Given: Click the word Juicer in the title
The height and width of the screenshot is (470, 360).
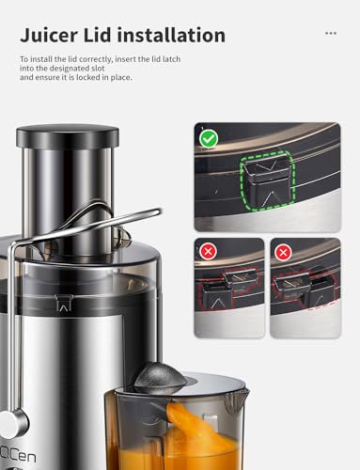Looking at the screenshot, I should (55, 35).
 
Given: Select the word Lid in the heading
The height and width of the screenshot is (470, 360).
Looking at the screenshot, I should (111, 35).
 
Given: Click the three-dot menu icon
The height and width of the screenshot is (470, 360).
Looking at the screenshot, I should (330, 32).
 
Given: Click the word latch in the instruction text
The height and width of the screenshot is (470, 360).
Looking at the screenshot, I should (189, 59).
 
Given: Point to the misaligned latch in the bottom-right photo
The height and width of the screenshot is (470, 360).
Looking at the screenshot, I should (320, 285).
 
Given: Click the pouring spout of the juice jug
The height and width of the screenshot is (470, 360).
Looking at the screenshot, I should (237, 395).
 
